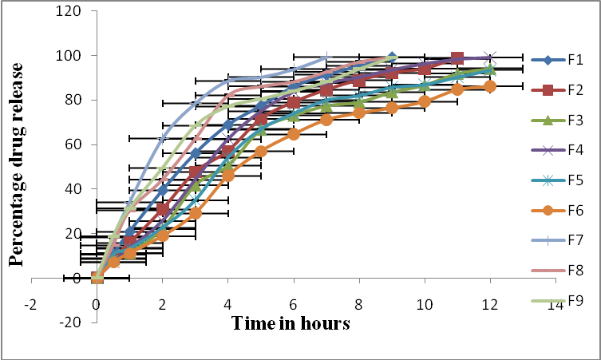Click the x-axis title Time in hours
(x=291, y=323)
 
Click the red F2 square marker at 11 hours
(x=457, y=58)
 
